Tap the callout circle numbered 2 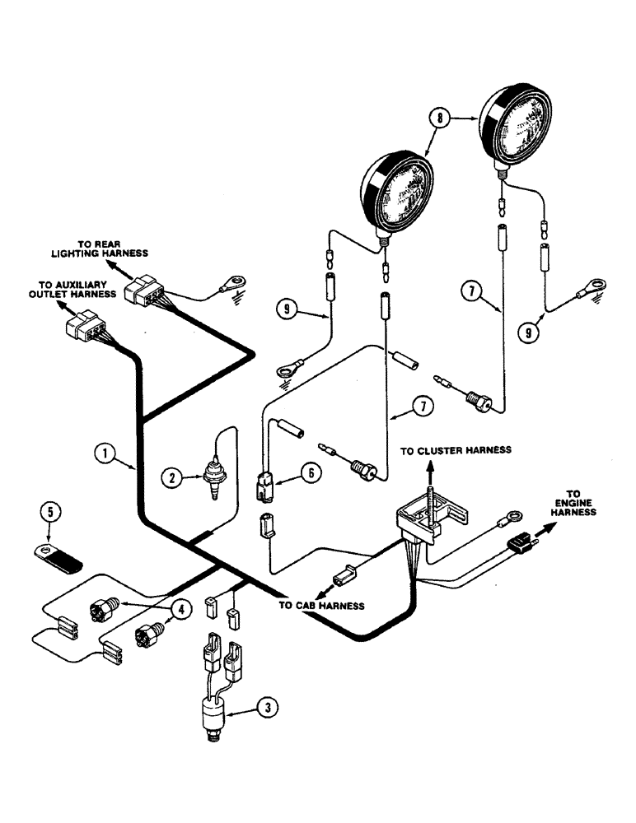point(171,477)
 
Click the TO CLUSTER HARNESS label point(456,450)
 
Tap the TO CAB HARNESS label point(321,605)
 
